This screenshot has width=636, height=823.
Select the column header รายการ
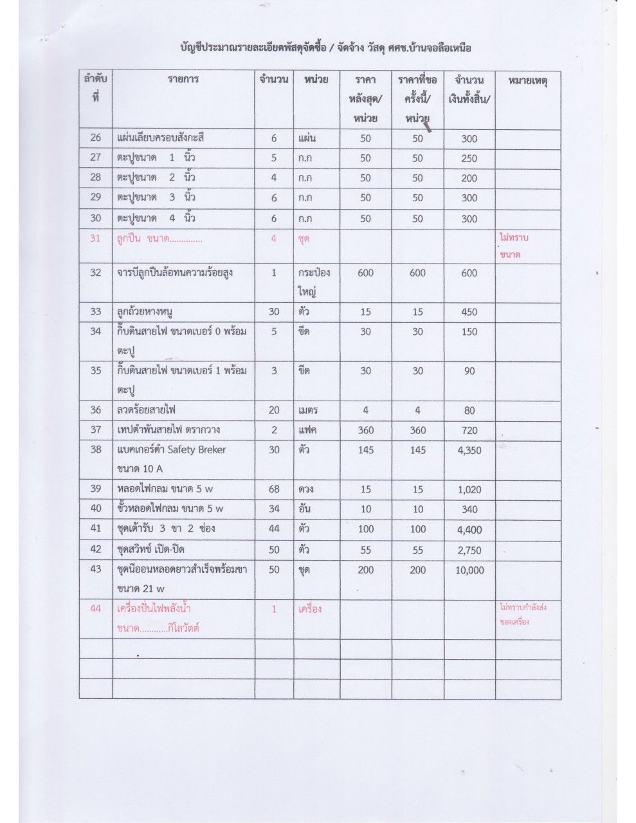(184, 80)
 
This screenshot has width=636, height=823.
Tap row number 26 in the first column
(96, 138)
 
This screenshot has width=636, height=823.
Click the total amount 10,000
(469, 570)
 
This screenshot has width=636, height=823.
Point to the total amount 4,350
(469, 450)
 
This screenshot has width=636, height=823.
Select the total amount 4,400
(469, 530)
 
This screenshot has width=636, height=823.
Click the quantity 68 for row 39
(274, 489)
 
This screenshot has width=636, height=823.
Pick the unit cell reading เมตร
(309, 410)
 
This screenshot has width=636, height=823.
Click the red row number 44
(96, 609)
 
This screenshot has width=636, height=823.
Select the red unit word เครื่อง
(310, 609)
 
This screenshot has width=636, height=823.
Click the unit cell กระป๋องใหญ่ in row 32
(314, 282)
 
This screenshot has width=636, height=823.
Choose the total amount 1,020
(469, 489)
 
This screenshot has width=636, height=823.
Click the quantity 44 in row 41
(274, 529)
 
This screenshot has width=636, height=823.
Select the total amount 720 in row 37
(469, 430)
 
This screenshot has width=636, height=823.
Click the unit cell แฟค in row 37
(309, 430)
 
